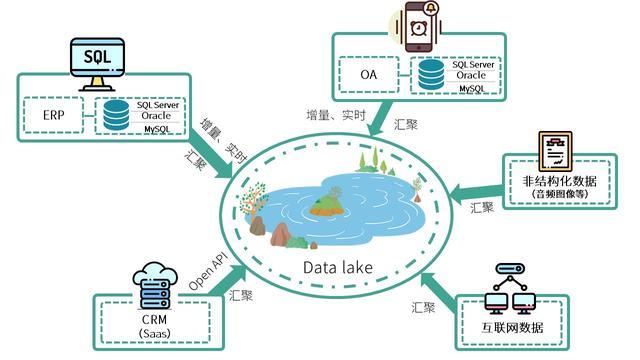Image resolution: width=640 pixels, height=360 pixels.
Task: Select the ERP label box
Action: click(54, 114)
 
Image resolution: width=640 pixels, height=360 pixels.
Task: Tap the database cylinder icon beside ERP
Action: click(116, 114)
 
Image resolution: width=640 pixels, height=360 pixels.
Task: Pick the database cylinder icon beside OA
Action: click(432, 74)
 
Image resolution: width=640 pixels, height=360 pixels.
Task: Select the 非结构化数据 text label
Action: click(558, 181)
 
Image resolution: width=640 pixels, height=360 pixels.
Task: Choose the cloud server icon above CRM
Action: click(153, 283)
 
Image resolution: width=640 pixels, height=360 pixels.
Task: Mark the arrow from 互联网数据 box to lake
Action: click(437, 282)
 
